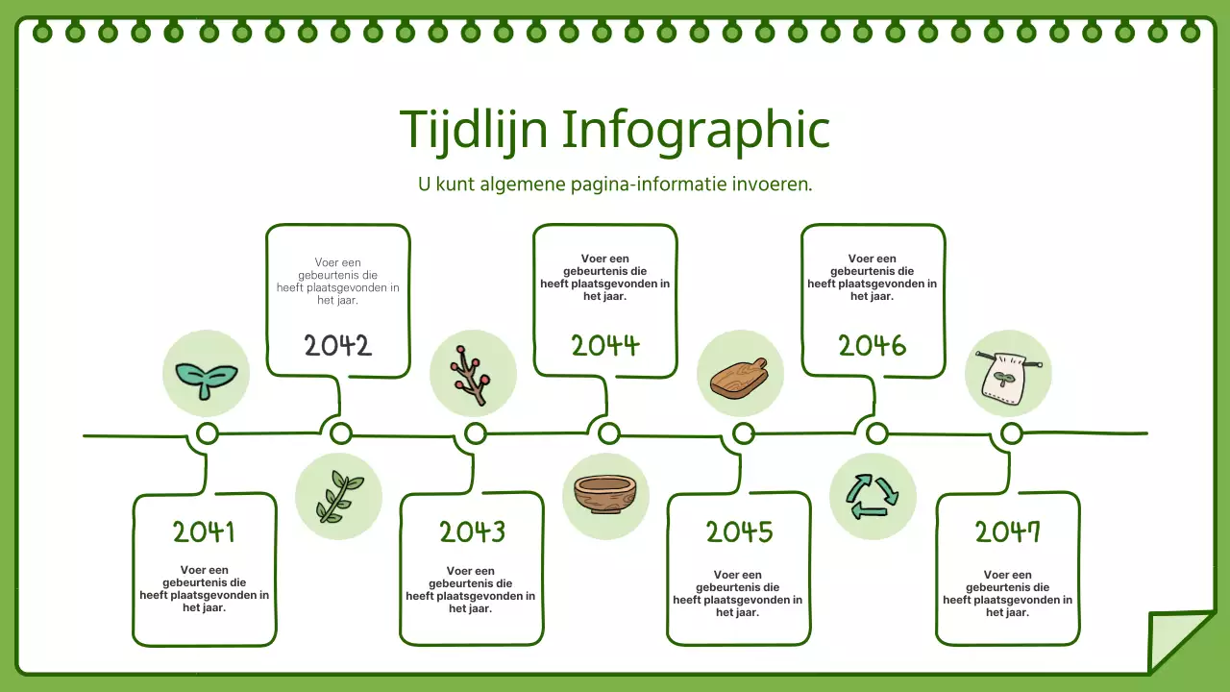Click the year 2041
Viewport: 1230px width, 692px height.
click(x=204, y=531)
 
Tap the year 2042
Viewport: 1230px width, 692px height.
click(x=337, y=346)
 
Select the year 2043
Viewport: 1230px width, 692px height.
click(x=472, y=531)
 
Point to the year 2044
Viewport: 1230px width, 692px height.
click(x=605, y=346)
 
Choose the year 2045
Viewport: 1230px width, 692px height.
click(x=739, y=531)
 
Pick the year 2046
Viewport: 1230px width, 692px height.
click(x=873, y=346)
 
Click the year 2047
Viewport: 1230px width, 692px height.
click(x=1007, y=531)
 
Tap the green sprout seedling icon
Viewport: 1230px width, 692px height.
click(x=207, y=374)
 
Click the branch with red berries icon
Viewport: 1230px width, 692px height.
click(x=474, y=374)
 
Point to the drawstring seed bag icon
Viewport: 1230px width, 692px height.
click(x=1008, y=374)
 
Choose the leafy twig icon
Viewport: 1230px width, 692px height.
click(x=338, y=496)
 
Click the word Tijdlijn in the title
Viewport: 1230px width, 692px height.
click(x=472, y=129)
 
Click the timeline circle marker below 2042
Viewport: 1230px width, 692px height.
click(x=341, y=433)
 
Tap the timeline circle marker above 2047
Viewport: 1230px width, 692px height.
click(x=1011, y=434)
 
